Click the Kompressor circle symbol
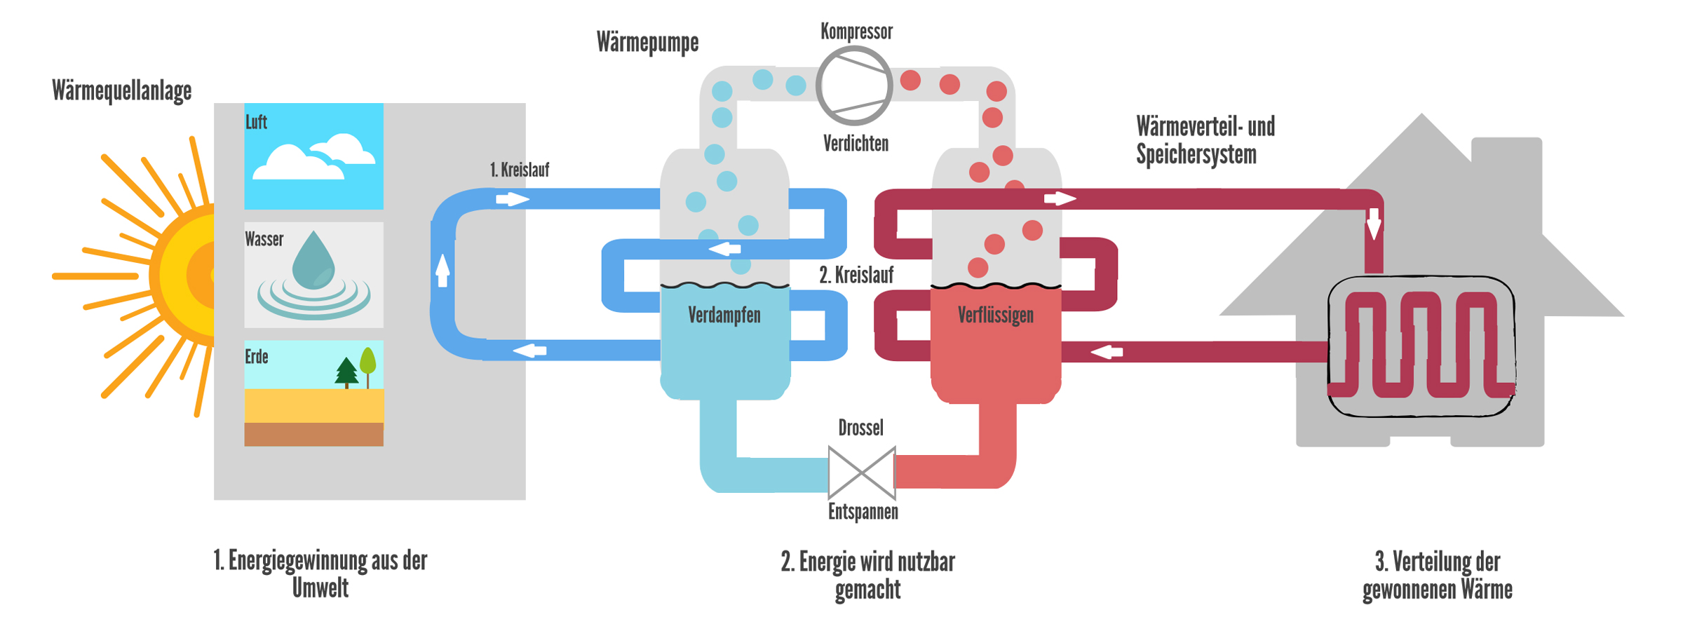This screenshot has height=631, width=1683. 854,86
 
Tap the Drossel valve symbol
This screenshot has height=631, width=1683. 862,473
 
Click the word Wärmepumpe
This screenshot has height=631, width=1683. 647,42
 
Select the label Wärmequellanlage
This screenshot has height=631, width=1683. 121,91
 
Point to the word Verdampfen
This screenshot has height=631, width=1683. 724,315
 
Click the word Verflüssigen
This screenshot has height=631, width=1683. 995,315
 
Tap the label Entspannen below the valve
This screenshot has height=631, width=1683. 863,512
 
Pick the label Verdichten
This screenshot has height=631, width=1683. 856,144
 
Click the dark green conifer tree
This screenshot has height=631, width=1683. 346,372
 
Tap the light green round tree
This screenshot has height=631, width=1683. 367,362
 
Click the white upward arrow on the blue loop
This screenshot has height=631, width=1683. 442,270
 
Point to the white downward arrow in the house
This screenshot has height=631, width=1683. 1374,224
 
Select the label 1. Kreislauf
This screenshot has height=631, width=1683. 519,170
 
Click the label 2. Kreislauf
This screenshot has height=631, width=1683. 856,276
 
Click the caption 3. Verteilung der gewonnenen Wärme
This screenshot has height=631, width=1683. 1437,575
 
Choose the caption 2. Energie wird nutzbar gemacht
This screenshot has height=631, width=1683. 867,575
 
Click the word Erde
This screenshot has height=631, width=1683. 257,357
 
